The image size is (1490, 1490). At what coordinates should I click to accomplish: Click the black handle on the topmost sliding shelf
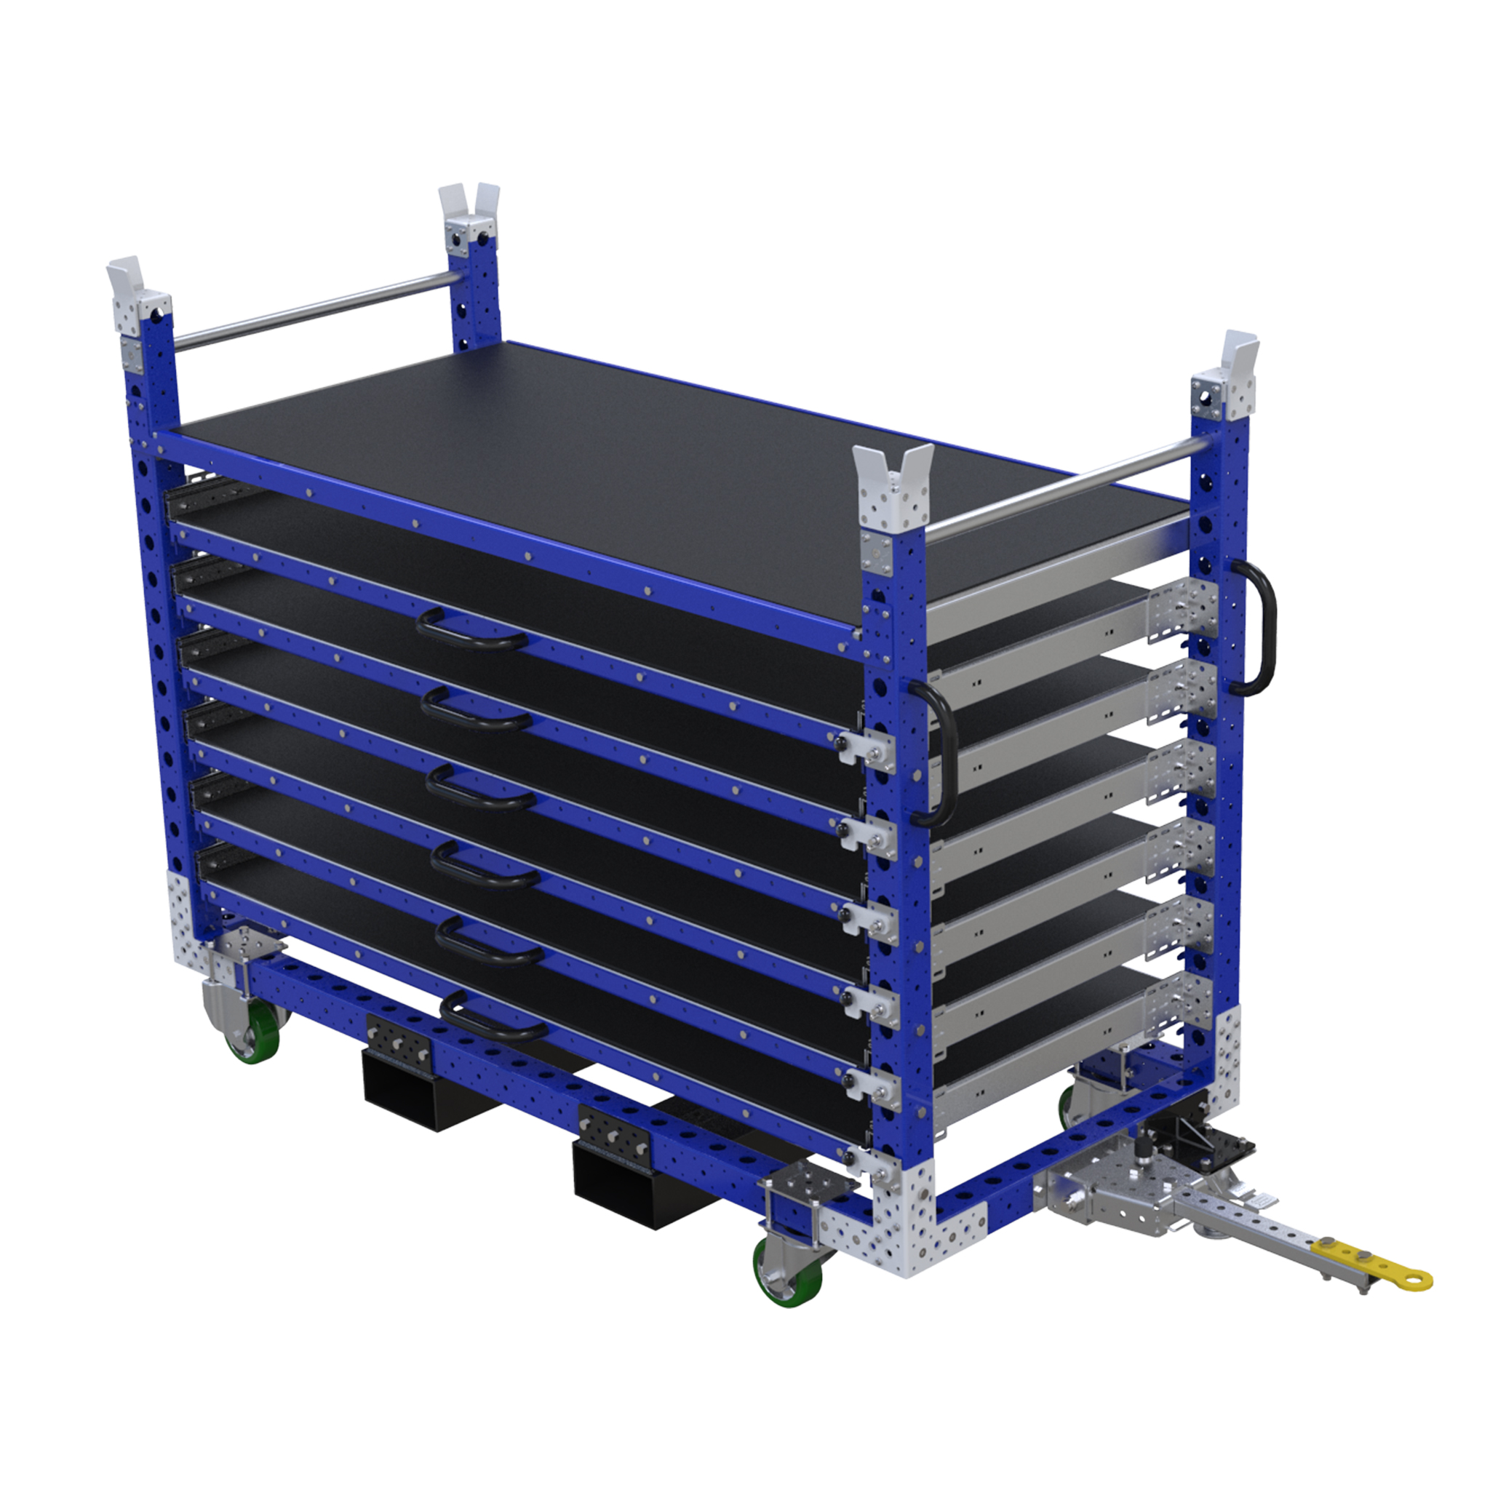(x=471, y=629)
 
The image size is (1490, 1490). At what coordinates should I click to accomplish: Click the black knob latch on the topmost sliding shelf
(x=844, y=743)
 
